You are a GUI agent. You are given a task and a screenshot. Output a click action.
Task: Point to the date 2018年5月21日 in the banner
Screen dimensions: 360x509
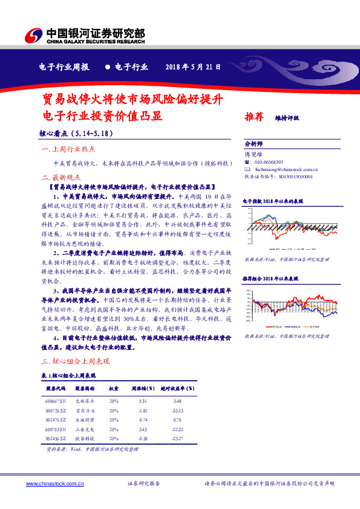tap(194, 67)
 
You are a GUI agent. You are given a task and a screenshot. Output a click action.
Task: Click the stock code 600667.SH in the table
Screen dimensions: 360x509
tap(56, 401)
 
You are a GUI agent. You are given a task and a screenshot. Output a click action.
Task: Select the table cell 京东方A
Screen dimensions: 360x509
tap(85, 410)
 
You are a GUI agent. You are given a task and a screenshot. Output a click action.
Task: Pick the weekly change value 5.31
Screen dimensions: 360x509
tap(143, 401)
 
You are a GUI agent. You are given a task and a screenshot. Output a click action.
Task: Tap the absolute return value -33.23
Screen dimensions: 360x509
tap(177, 410)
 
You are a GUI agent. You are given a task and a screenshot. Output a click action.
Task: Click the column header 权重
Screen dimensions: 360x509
tap(114, 388)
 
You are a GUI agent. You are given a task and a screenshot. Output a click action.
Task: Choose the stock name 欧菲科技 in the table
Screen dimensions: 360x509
tap(85, 438)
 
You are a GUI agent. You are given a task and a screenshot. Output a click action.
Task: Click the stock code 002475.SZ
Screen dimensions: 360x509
tap(56, 420)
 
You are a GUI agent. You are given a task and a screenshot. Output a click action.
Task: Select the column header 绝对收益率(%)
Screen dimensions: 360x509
tap(176, 388)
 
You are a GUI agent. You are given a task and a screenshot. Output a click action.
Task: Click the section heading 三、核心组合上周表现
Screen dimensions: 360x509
tap(74, 361)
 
